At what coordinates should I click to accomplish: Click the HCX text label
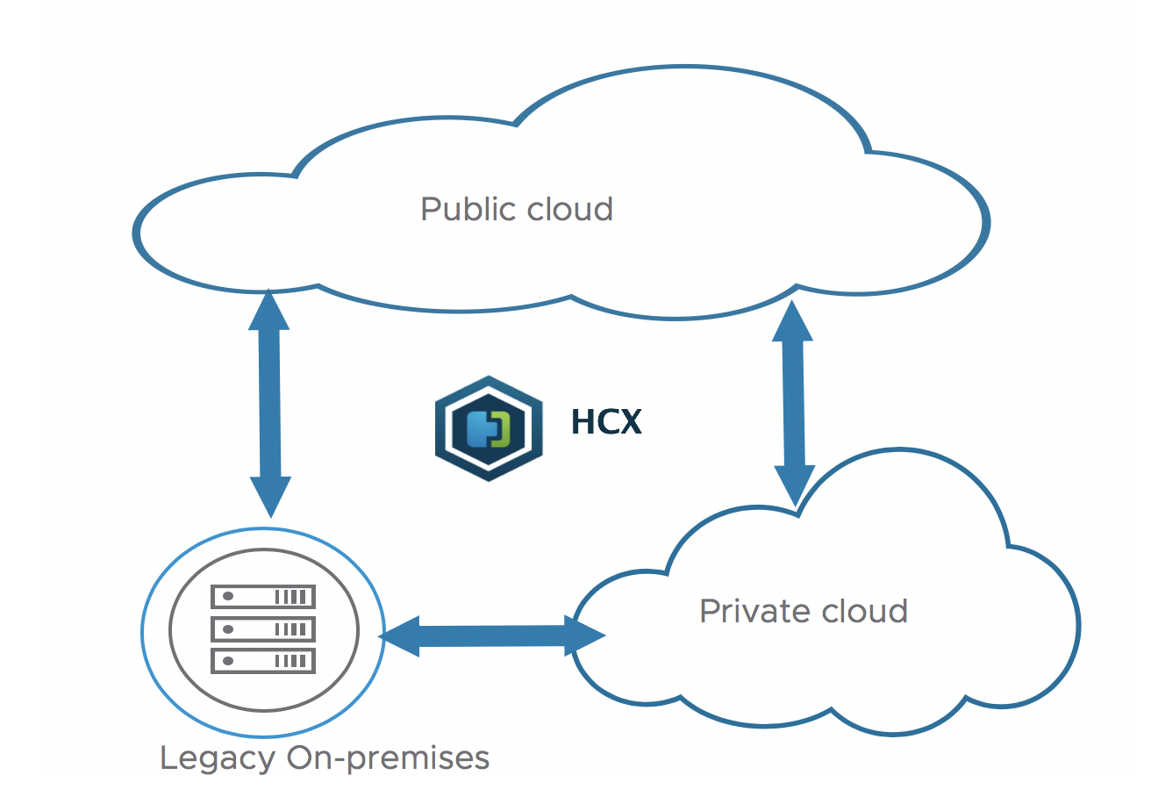pyautogui.click(x=606, y=422)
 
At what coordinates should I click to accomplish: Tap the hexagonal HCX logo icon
pyautogui.click(x=488, y=428)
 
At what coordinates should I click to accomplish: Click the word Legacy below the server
pyautogui.click(x=217, y=757)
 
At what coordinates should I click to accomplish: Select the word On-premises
pyautogui.click(x=388, y=757)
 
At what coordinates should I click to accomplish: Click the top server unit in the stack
pyautogui.click(x=262, y=597)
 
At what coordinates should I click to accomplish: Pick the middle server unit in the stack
pyautogui.click(x=262, y=628)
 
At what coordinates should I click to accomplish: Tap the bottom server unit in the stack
pyautogui.click(x=262, y=660)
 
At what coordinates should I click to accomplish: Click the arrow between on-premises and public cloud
pyautogui.click(x=270, y=404)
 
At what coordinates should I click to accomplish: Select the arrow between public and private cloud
pyautogui.click(x=794, y=404)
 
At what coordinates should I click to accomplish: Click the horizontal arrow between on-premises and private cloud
pyautogui.click(x=491, y=635)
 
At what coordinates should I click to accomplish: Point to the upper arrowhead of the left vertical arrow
pyautogui.click(x=268, y=310)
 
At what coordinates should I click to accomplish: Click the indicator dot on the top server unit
pyautogui.click(x=228, y=597)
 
